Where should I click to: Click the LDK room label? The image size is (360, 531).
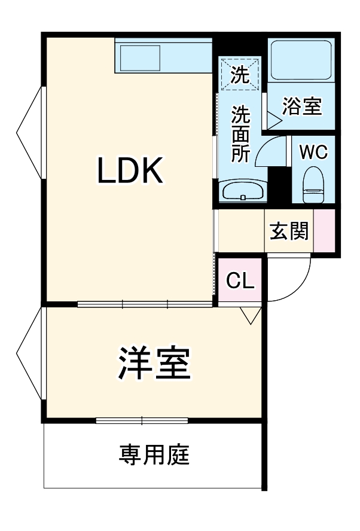130,172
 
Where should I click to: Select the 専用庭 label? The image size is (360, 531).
154,454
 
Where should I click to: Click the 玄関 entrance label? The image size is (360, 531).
289,231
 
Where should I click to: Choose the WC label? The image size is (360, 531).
313,152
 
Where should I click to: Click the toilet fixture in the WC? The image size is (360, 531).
313,185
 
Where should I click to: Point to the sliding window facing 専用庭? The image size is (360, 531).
142,420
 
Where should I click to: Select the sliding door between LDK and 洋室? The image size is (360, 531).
145,304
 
